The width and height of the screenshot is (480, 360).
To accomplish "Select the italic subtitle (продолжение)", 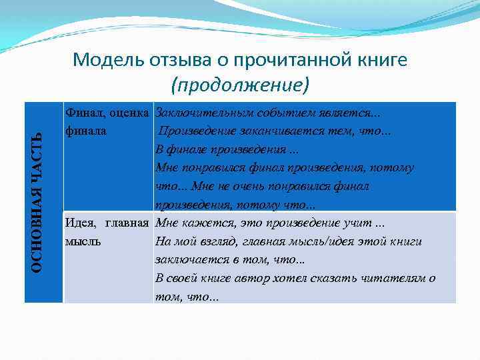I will click(240, 85).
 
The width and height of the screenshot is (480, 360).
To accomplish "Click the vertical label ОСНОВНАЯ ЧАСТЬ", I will click(38, 202).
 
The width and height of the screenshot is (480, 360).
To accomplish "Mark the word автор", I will click(251, 278).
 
